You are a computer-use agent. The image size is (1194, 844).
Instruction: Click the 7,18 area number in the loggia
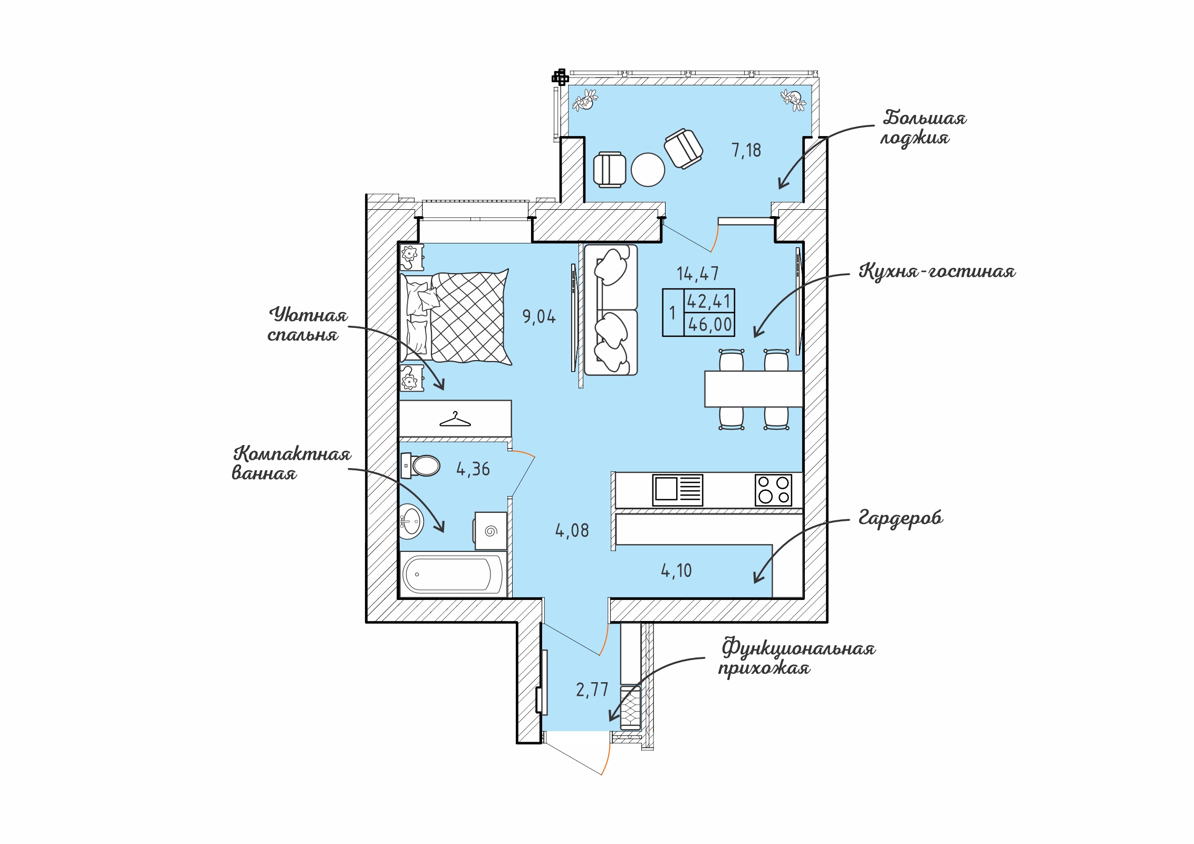tap(746, 150)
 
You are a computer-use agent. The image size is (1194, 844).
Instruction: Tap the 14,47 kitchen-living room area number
tap(697, 274)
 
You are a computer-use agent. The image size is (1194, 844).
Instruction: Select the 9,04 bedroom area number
tap(539, 316)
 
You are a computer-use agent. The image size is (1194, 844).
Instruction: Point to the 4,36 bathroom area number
tap(473, 469)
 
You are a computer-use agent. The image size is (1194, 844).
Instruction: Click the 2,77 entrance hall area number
tap(592, 690)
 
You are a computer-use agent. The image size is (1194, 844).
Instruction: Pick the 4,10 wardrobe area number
tap(676, 570)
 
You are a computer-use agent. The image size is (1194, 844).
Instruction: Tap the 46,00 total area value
tap(710, 324)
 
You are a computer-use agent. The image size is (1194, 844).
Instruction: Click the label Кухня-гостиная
tap(937, 271)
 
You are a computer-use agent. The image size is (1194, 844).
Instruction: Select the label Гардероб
tap(901, 518)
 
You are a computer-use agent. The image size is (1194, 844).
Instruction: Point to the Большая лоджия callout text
tap(923, 128)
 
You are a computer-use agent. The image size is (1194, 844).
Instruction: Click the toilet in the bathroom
tap(420, 466)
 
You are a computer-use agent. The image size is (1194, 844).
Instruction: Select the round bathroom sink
tap(411, 521)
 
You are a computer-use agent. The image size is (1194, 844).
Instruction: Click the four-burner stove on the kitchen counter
tap(773, 490)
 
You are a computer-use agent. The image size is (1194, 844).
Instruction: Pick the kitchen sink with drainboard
tap(678, 490)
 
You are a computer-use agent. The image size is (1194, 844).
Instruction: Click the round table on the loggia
tap(648, 169)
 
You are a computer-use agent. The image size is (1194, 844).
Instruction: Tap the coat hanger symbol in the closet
tap(455, 420)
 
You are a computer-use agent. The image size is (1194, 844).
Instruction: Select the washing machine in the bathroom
tap(491, 531)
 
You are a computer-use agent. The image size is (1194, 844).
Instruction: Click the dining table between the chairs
tap(754, 389)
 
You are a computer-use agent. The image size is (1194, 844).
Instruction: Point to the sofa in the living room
tap(611, 310)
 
